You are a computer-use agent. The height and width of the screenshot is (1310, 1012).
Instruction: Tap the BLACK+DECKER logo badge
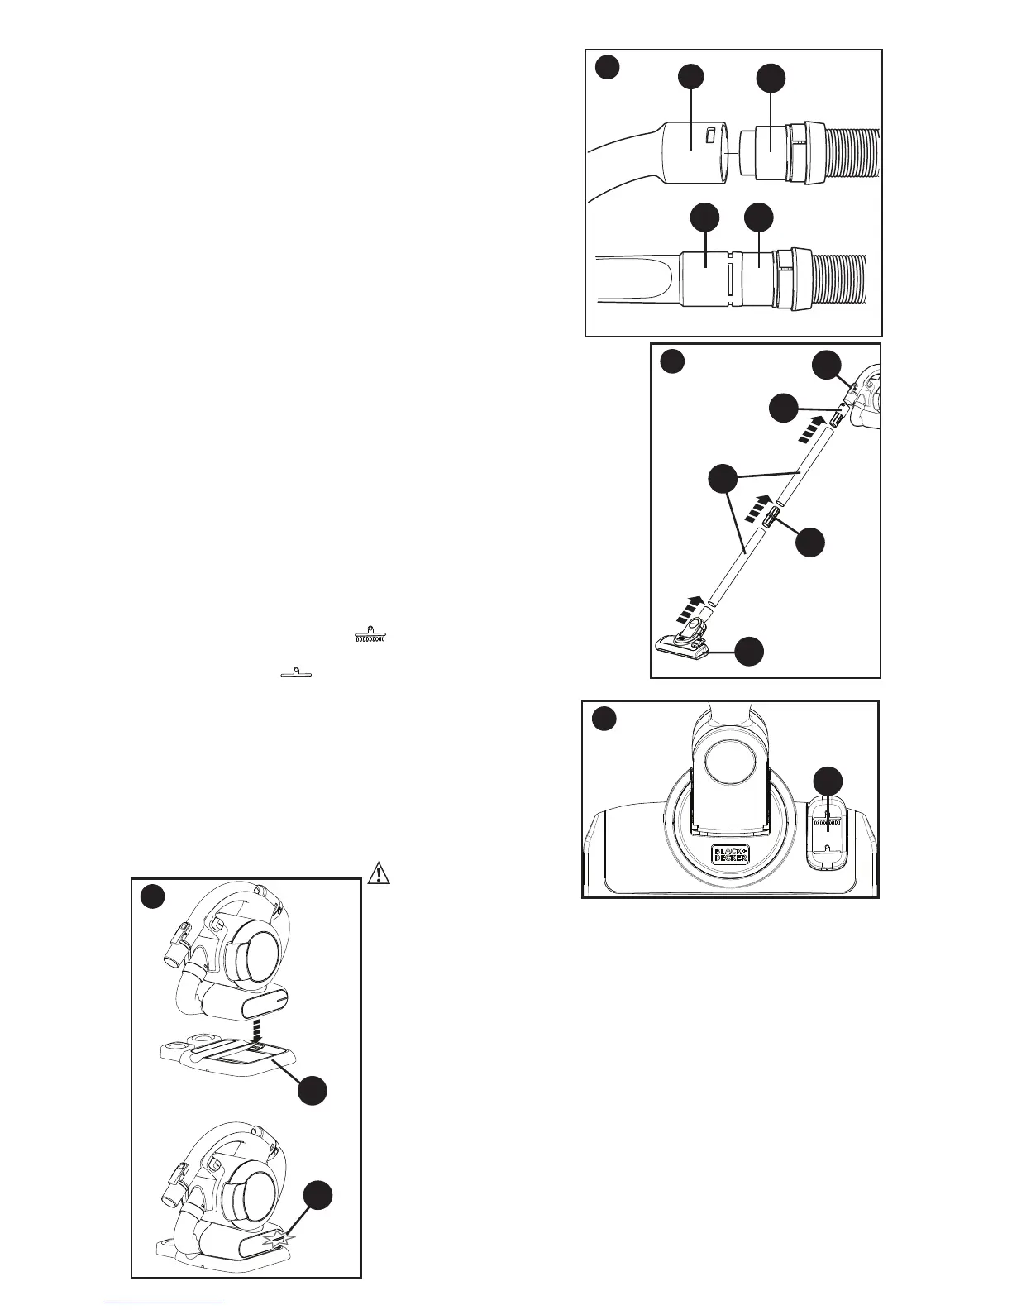tap(730, 854)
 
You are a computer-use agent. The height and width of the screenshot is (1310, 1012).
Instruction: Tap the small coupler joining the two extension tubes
tap(770, 519)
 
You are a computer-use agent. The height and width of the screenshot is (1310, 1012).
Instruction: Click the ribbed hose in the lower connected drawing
tap(839, 276)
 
